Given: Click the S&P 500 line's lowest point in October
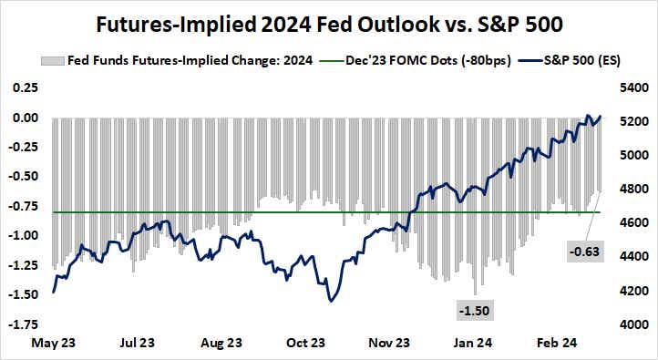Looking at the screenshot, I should (x=329, y=302).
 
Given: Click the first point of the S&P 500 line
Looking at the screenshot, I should (x=54, y=292).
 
